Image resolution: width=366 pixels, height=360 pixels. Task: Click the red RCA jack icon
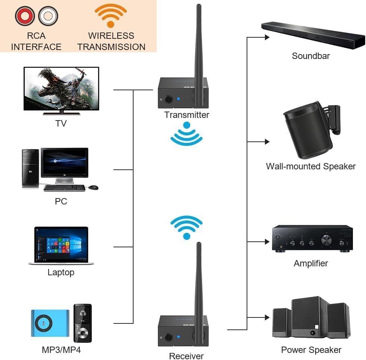tap(25, 16)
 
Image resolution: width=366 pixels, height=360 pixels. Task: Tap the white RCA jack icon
tap(47, 16)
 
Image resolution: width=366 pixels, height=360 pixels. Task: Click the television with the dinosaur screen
tap(61, 90)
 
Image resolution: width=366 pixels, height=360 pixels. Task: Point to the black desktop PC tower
tap(30, 168)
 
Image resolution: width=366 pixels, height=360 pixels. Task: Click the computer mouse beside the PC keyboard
tap(94, 187)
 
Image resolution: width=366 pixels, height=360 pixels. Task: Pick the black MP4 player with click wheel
tap(82, 323)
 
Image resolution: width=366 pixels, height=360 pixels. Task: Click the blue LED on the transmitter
tap(178, 99)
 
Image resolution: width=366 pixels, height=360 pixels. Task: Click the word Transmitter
tap(187, 115)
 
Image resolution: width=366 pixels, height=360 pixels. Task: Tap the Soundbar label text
tap(310, 56)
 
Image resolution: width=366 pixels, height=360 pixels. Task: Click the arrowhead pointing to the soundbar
tap(267, 37)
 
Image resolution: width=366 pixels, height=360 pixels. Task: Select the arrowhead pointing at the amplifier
tap(267, 242)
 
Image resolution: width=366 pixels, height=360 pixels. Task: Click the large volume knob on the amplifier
tap(326, 239)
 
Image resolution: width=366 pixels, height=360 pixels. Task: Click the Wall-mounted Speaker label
tap(310, 166)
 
